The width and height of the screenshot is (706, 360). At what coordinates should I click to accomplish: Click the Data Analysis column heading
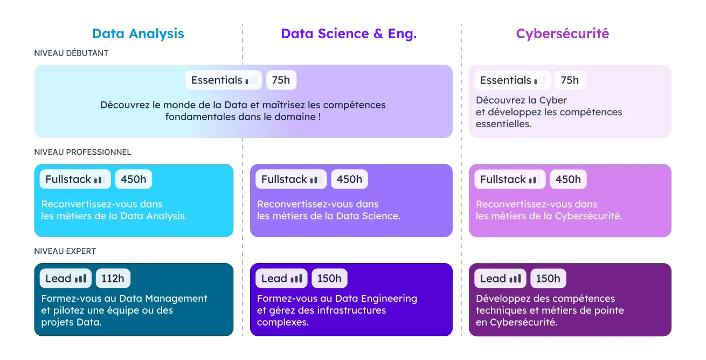pyautogui.click(x=138, y=33)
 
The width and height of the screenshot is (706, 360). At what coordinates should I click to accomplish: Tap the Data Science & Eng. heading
pyautogui.click(x=349, y=33)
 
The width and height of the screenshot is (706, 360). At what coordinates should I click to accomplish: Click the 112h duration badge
pyautogui.click(x=113, y=279)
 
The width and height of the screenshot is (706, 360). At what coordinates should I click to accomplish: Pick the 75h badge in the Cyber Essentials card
pyautogui.click(x=570, y=80)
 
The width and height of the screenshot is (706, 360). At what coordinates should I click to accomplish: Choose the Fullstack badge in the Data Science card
pyautogui.click(x=290, y=179)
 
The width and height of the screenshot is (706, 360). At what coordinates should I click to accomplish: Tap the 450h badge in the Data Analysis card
pyautogui.click(x=133, y=179)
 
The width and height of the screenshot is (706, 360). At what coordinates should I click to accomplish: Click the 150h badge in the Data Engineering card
pyautogui.click(x=329, y=279)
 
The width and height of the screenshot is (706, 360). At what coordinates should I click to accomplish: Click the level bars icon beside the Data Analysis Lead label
pyautogui.click(x=80, y=279)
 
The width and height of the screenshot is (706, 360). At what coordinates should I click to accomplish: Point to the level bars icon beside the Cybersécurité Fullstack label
pyautogui.click(x=532, y=180)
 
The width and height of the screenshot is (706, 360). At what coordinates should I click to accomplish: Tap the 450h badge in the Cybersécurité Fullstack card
pyautogui.click(x=568, y=179)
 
